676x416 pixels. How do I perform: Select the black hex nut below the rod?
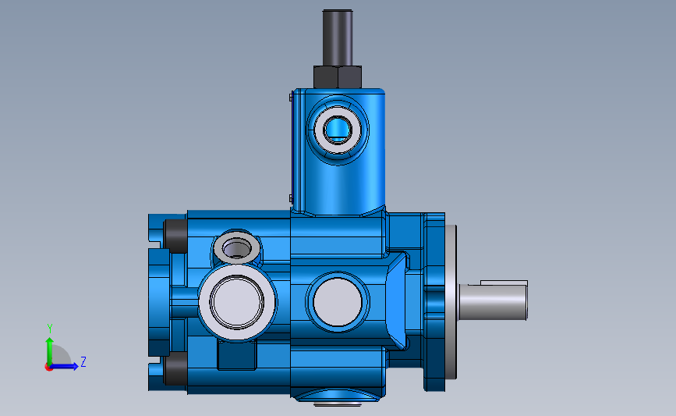pos(338,77)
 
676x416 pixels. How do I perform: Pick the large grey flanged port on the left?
pos(236,301)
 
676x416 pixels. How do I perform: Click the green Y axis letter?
pos(49,328)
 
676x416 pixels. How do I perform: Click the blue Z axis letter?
pos(83,361)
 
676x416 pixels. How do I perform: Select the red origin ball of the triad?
pos(49,366)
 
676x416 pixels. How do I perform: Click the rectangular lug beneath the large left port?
pos(237,356)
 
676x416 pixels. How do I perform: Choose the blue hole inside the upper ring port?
pos(338,127)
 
